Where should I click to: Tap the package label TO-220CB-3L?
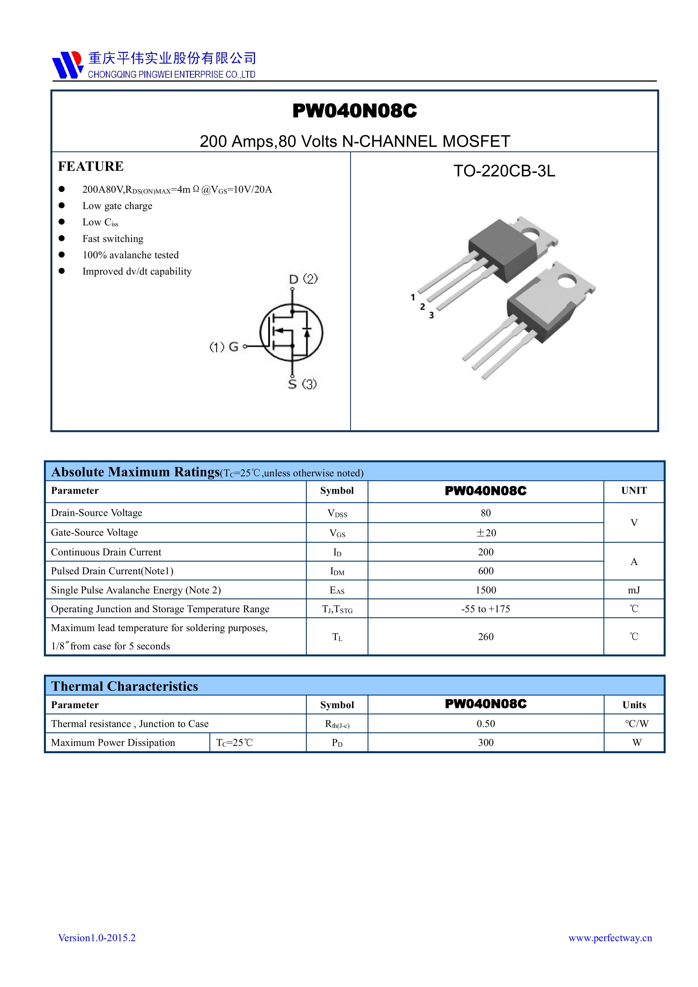pos(504,171)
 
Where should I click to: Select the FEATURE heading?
pos(91,166)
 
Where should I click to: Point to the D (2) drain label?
pos(303,279)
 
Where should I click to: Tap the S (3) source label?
pos(302,384)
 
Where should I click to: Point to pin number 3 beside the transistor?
pos(431,315)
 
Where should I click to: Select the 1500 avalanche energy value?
pos(486,590)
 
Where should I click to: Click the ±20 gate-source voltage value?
pos(486,533)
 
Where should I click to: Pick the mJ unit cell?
pos(634,590)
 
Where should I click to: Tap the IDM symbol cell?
pos(337,571)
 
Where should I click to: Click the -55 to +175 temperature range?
pos(486,609)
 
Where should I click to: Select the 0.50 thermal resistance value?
pos(486,723)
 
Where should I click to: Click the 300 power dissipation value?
pos(486,743)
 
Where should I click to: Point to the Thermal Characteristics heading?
pos(125,686)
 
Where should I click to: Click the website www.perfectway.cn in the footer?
pos(610,937)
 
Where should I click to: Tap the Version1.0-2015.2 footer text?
pos(97,937)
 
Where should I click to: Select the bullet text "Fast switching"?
pos(113,239)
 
